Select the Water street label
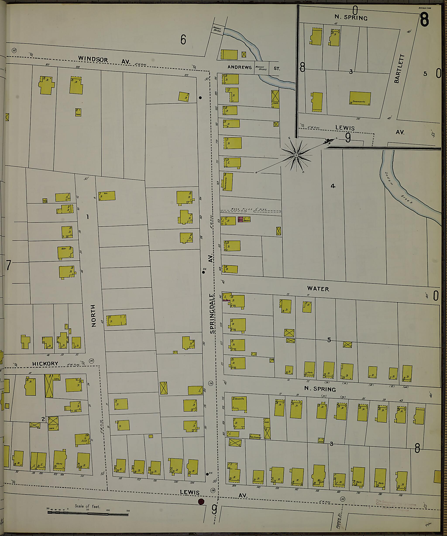tap(318, 289)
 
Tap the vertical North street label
tap(93, 316)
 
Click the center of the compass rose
tap(296, 155)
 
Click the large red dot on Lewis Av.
tap(201, 502)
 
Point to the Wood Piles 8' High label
tap(249, 209)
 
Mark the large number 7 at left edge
tap(9, 265)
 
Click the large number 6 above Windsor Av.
tap(183, 40)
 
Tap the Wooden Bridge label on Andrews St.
tap(261, 68)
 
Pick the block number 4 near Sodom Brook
tap(333, 186)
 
